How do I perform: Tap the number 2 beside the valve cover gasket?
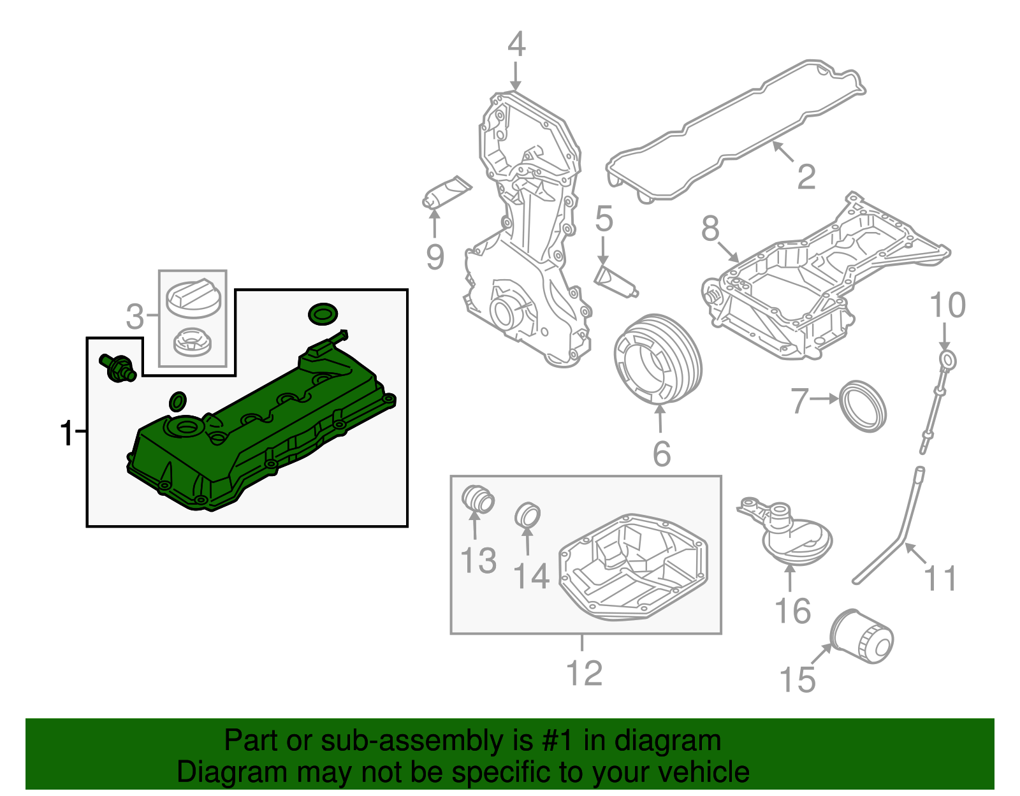[806, 177]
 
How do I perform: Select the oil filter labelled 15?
[863, 637]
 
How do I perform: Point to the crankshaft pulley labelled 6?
[658, 360]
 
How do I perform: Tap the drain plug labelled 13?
[477, 498]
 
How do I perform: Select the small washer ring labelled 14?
[528, 515]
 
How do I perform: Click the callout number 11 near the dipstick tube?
[940, 579]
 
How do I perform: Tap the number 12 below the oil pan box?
[584, 673]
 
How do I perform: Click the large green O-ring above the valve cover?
[323, 314]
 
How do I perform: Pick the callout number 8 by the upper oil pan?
[710, 228]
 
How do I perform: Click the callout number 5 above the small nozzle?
[604, 219]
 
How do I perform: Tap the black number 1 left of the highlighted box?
[66, 433]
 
